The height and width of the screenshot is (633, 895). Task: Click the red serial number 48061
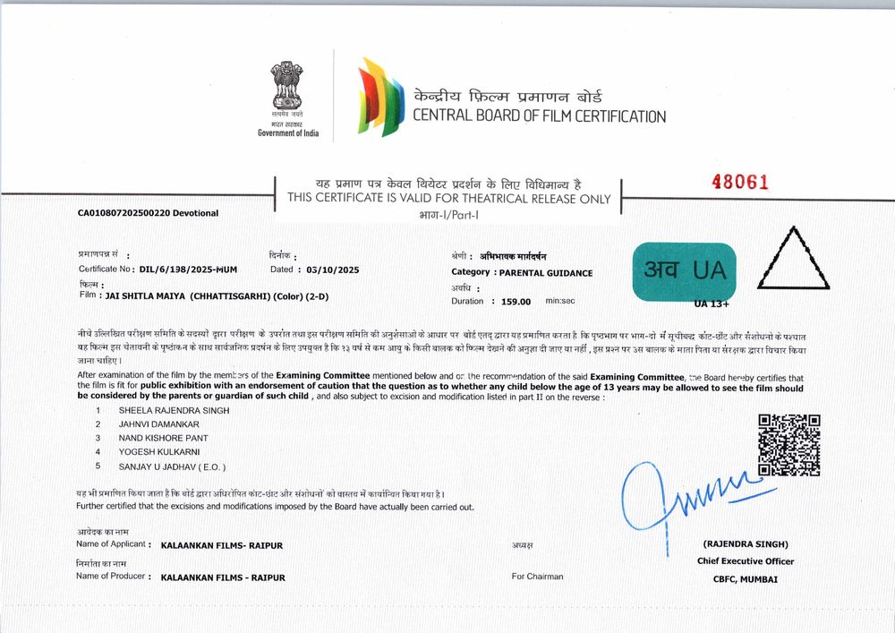coord(740,182)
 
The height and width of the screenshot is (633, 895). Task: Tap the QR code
coord(789,445)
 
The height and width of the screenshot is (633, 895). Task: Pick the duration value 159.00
coord(516,303)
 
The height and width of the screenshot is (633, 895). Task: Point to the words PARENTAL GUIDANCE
coord(545,273)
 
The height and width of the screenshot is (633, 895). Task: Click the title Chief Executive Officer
coord(746,561)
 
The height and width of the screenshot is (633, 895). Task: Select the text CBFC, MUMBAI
coord(746,579)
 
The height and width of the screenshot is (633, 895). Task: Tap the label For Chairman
coord(537,577)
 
